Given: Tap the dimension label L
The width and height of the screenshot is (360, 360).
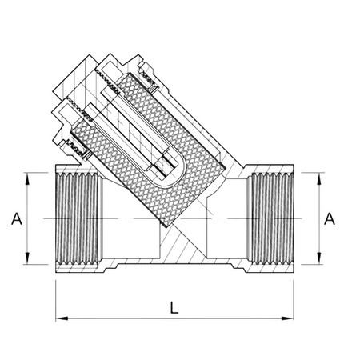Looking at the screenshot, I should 174,306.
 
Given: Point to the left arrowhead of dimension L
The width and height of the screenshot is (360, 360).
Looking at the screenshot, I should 60,318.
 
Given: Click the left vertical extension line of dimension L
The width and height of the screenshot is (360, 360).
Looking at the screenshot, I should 55,296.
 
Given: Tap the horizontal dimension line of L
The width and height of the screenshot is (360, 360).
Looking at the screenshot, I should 120,318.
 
